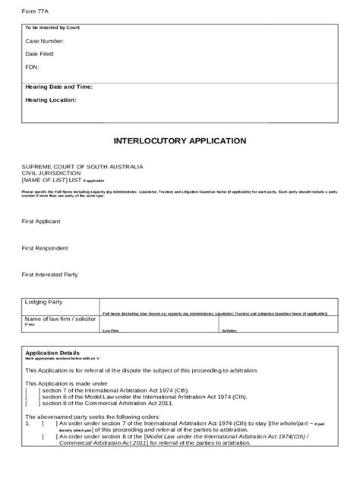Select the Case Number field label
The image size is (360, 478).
tap(45, 41)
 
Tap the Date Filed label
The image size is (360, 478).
tap(39, 54)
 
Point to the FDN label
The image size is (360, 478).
tap(32, 67)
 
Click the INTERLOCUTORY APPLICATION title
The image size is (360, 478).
tap(180, 141)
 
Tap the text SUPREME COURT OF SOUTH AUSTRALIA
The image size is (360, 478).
tap(82, 165)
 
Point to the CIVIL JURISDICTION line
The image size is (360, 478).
tap(52, 172)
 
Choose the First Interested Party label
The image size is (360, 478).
tap(55, 274)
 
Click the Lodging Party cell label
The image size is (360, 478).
tap(45, 302)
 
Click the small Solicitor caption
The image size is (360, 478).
tap(229, 332)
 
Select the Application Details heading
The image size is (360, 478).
tap(52, 353)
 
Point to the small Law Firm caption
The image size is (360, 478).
tap(110, 332)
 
